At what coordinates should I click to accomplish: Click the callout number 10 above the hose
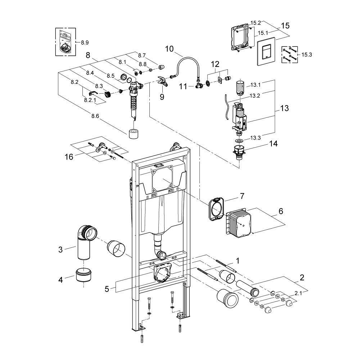coord(170,49)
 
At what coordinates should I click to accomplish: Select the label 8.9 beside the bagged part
coord(85,42)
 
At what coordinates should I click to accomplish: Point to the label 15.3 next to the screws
coord(307,55)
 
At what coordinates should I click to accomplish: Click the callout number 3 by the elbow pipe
coord(60,249)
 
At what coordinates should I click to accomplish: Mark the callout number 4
coord(60,279)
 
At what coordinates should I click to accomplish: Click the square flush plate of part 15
coord(266,51)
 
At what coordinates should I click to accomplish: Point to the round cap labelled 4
coord(84,276)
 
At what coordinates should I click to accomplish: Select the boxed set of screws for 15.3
coord(290,54)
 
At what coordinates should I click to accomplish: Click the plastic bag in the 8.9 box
coord(66,41)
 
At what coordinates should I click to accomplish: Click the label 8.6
coord(95,116)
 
